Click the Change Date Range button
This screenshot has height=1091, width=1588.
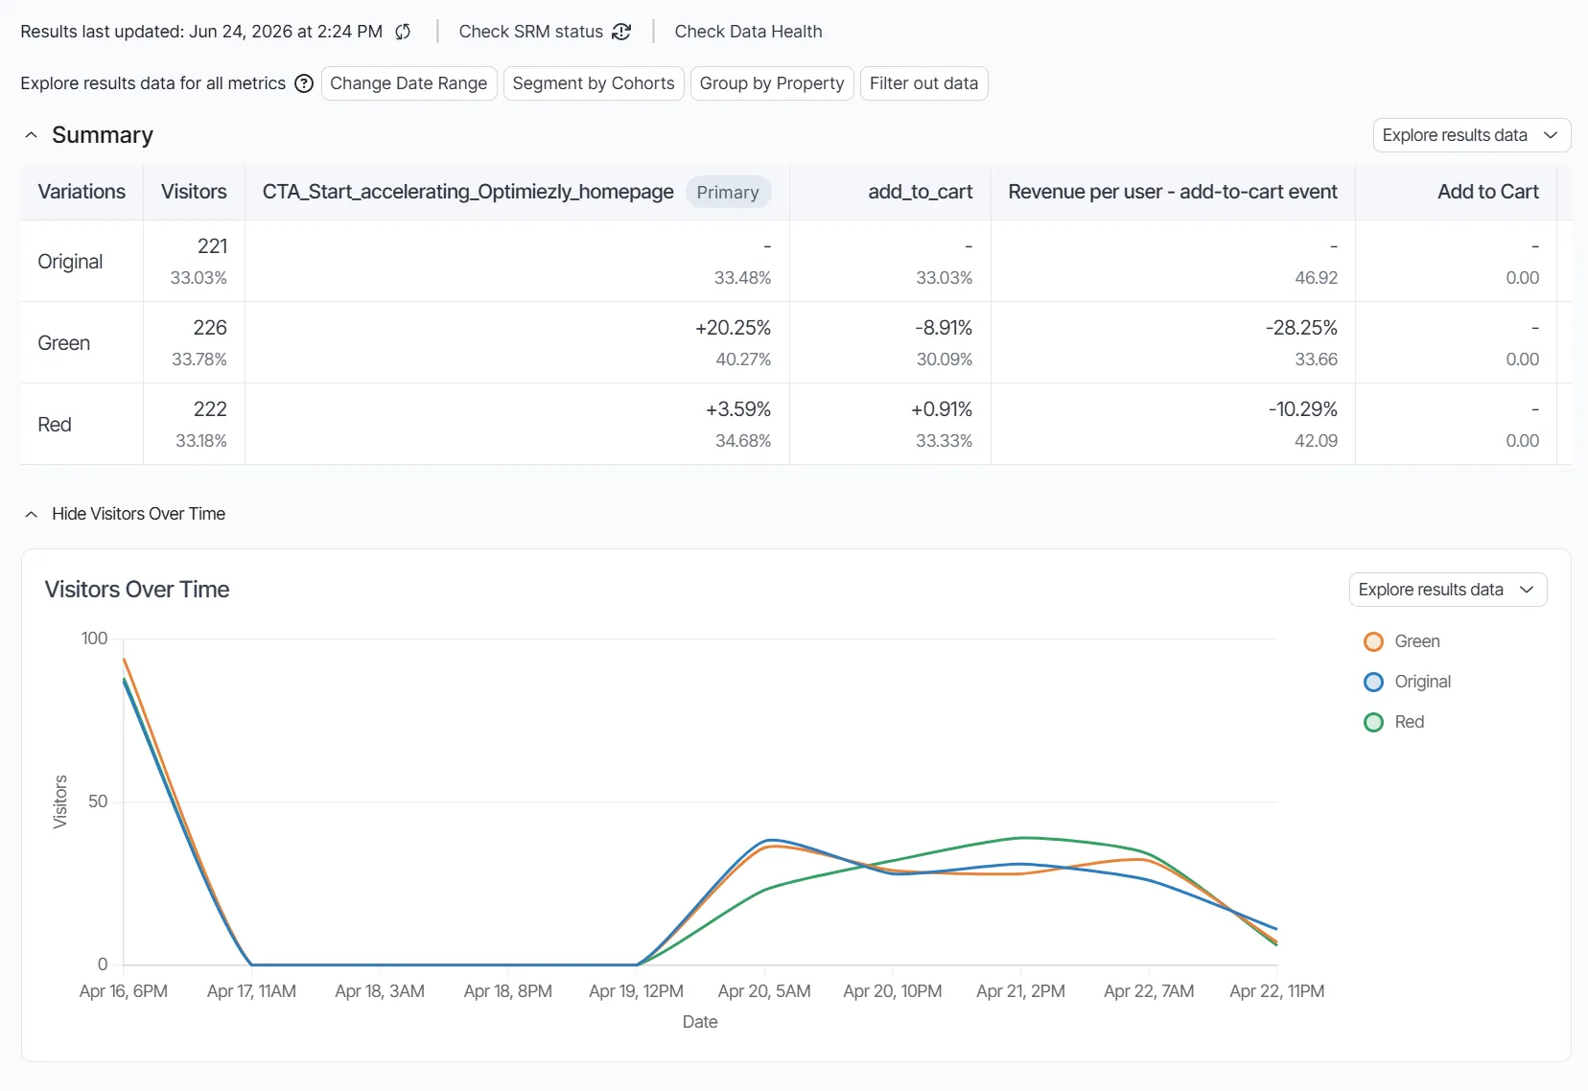coord(409,83)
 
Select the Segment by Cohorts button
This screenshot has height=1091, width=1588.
coord(594,83)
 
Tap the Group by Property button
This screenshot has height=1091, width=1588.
coord(772,83)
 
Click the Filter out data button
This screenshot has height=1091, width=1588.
coord(923,83)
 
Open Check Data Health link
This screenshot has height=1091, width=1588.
coord(748,32)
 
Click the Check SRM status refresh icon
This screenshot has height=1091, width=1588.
coord(621,32)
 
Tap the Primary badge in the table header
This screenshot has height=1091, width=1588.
coord(728,192)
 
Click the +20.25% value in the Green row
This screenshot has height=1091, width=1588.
coord(733,328)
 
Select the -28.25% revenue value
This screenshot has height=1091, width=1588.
coord(1301,328)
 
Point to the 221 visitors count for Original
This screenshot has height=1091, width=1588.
coord(212,246)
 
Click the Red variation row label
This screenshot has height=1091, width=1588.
coord(55,425)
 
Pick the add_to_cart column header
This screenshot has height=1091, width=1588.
coord(921,192)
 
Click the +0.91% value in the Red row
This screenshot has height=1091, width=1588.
coord(941,409)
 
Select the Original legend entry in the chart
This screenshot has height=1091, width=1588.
coord(1407,682)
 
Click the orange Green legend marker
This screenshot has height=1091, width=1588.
coord(1373,641)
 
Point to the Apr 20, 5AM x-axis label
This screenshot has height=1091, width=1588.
coord(764,991)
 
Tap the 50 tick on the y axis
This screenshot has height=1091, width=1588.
coord(98,801)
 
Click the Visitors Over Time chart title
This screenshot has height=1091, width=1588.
coord(137,590)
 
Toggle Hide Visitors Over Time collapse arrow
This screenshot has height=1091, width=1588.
coord(32,514)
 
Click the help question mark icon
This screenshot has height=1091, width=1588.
coord(304,83)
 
